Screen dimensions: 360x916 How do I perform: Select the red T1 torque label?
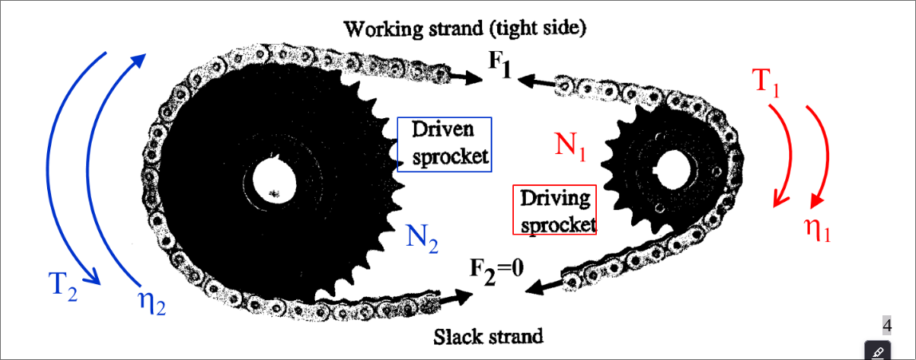[767, 82]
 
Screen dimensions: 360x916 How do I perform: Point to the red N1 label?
[571, 144]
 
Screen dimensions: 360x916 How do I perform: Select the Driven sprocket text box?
[444, 144]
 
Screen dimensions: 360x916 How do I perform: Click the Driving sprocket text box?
[555, 211]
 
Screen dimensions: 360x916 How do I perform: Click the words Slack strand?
[488, 336]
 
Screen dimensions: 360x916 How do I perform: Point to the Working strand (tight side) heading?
[465, 29]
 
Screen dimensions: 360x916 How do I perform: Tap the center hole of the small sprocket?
[670, 168]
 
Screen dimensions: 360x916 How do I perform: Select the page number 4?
[886, 325]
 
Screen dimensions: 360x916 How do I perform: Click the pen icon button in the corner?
[878, 350]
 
